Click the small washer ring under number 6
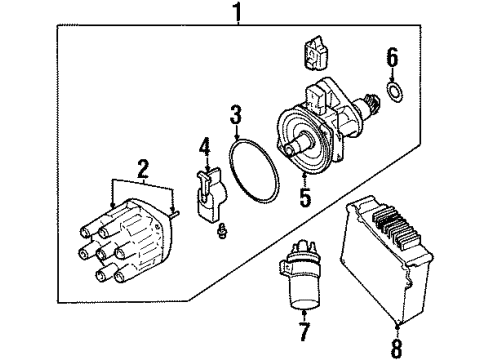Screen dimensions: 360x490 [x=394, y=93]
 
